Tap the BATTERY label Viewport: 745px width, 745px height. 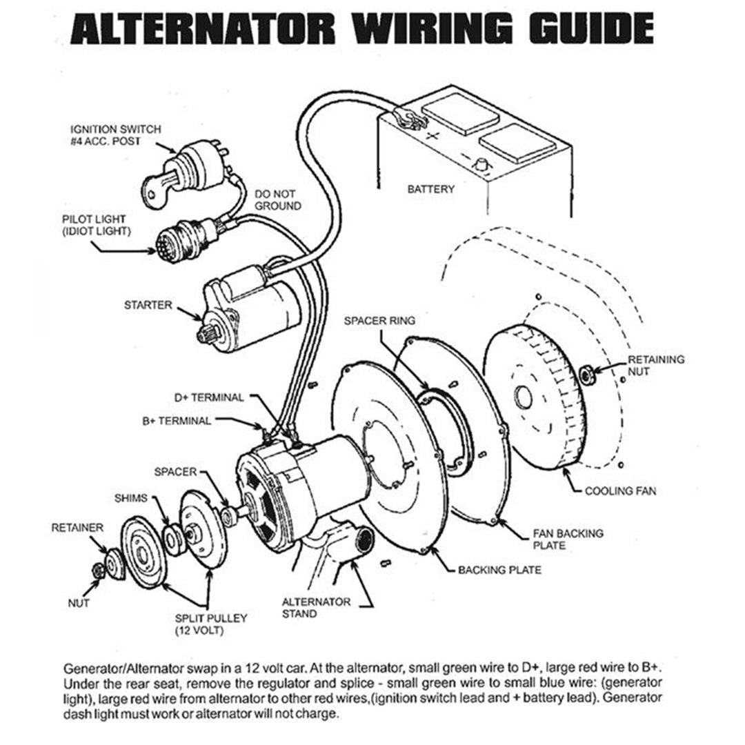[430, 189]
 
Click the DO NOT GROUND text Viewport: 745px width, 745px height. [277, 200]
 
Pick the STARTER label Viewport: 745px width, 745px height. [148, 304]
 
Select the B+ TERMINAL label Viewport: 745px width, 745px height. [177, 421]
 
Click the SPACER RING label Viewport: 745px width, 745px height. [379, 321]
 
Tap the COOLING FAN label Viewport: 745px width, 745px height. [620, 492]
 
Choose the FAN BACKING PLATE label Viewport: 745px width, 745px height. [568, 539]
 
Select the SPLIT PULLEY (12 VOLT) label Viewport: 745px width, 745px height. [201, 624]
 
